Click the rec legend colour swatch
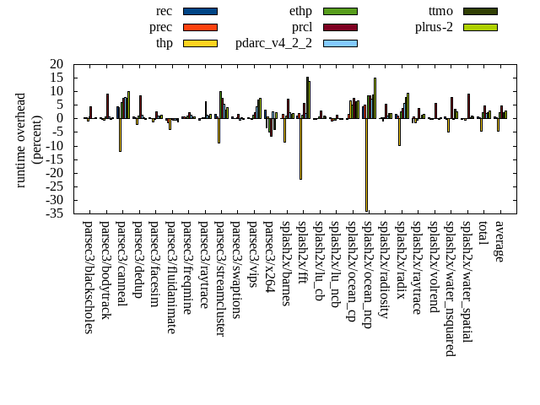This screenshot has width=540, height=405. point(200,11)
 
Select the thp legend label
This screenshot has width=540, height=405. point(165,43)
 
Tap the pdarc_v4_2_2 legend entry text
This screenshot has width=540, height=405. point(273,43)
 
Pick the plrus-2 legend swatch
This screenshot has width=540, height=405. point(480,27)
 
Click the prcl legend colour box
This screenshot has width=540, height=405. point(340,27)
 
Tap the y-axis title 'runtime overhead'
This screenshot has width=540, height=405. point(21,140)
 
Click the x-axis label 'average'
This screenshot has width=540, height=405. point(499,241)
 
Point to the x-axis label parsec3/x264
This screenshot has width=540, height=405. point(269,256)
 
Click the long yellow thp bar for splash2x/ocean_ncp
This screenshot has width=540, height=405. point(366,165)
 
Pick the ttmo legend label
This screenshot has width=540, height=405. point(440,11)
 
